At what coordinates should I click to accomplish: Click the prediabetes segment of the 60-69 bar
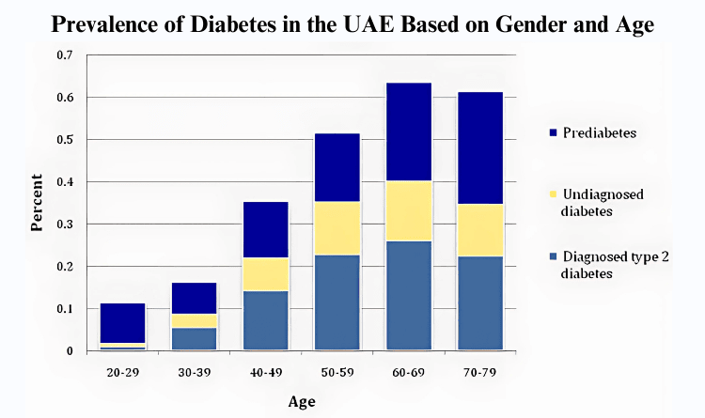click(409, 132)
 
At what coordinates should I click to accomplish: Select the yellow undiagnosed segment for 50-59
click(337, 228)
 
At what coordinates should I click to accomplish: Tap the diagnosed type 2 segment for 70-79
click(480, 303)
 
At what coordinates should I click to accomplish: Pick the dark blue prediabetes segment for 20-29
click(123, 323)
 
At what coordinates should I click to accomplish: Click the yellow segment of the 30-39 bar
click(195, 321)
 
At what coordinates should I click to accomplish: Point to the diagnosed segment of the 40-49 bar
click(266, 320)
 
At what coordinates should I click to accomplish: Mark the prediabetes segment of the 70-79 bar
click(480, 148)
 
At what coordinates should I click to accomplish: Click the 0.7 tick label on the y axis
click(65, 55)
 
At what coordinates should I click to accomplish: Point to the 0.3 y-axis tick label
click(65, 224)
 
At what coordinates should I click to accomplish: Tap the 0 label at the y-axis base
click(70, 351)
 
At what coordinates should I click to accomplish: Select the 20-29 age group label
click(123, 373)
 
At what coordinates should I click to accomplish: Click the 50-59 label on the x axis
click(337, 373)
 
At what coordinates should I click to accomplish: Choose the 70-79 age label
click(479, 373)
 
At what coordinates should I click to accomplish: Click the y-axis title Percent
click(37, 203)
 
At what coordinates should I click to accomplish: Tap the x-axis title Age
click(302, 401)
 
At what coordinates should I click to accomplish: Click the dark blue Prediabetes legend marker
click(553, 132)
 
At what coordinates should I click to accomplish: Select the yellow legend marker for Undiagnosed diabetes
click(553, 194)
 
